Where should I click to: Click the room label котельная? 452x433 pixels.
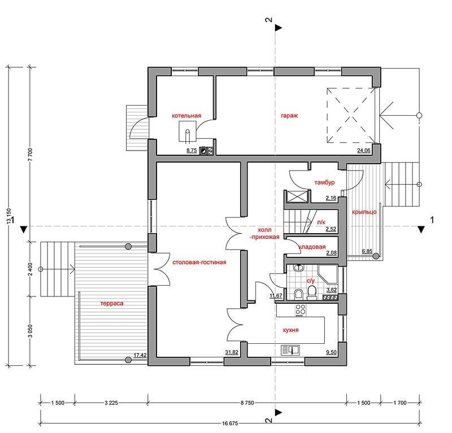(x=186, y=116)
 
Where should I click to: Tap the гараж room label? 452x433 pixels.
(x=289, y=116)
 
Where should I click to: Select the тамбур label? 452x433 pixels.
(x=324, y=182)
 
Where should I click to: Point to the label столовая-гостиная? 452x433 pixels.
(x=199, y=263)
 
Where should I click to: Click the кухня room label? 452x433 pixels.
(x=290, y=330)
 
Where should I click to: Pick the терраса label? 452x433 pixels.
(x=112, y=303)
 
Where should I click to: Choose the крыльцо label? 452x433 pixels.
(x=364, y=212)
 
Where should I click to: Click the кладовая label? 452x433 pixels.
(x=312, y=247)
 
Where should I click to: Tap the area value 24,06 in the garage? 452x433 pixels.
(x=364, y=150)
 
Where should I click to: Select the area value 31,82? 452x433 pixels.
(x=232, y=352)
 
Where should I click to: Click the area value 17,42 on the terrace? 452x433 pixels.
(x=140, y=355)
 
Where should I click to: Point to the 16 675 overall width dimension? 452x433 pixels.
(x=230, y=423)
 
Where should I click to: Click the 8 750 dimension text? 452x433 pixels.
(x=247, y=403)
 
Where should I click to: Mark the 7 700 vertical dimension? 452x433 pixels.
(x=31, y=155)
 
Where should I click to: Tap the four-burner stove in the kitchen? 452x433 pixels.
(x=301, y=310)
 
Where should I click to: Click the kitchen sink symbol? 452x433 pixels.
(x=290, y=350)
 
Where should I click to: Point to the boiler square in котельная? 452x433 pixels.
(x=188, y=132)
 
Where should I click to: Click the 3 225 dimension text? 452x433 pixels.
(x=111, y=403)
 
